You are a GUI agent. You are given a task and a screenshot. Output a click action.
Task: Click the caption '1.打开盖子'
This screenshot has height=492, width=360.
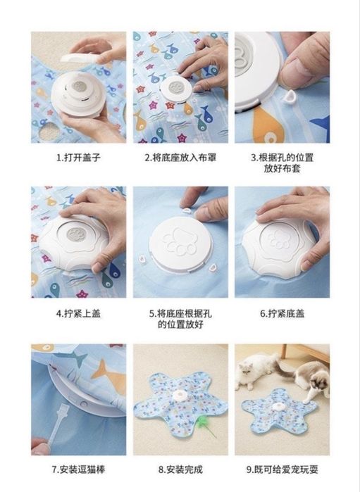coord(78,157)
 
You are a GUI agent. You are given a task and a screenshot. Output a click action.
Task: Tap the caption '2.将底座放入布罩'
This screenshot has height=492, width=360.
coord(180,157)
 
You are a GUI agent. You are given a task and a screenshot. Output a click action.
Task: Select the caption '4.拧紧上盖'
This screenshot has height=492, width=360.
coord(78,313)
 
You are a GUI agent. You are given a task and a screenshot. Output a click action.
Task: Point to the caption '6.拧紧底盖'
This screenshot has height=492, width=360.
coord(282,313)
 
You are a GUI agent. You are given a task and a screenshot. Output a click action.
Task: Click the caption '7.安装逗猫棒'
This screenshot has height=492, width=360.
coord(78,469)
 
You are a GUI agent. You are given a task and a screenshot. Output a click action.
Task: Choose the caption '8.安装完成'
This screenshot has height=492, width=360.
coord(180,469)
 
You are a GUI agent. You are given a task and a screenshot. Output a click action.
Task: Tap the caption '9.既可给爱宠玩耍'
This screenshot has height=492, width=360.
coord(282,469)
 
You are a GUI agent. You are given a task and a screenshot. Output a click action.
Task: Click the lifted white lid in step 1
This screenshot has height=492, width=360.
coord(78,58)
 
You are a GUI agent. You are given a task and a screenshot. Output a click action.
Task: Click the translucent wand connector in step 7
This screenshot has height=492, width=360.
coord(58,422)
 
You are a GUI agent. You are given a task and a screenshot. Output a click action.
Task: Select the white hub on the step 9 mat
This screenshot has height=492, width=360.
coord(279,408)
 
